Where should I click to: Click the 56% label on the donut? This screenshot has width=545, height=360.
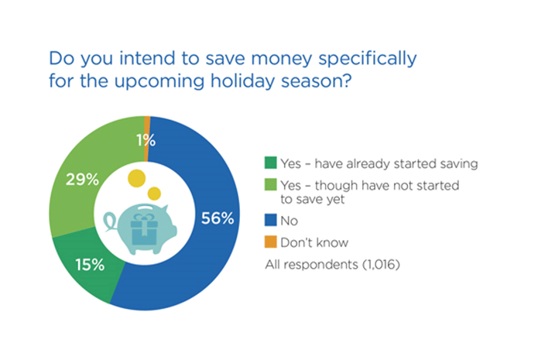click(218, 218)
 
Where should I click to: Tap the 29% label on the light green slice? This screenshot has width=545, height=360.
click(82, 180)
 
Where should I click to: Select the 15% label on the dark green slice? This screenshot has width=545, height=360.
click(90, 265)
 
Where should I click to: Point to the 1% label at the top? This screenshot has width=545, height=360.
click(146, 140)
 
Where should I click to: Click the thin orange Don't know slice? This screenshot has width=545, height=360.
click(147, 139)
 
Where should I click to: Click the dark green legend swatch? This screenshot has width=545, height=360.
click(271, 163)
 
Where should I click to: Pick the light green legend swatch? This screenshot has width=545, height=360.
click(271, 184)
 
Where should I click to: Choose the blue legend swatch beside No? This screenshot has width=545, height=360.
click(271, 220)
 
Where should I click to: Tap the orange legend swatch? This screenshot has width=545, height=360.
click(271, 242)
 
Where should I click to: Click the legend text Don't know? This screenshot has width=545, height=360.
click(314, 242)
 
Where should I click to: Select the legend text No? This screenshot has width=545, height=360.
click(290, 221)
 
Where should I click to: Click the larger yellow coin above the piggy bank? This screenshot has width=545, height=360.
click(136, 178)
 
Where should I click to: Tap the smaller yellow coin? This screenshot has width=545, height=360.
click(154, 194)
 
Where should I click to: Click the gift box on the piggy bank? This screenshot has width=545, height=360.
click(144, 229)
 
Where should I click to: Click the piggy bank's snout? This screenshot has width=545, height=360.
click(173, 231)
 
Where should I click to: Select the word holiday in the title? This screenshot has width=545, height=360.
click(243, 81)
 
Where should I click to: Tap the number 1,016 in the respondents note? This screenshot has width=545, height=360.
click(382, 265)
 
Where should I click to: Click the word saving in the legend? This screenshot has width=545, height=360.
click(459, 164)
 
